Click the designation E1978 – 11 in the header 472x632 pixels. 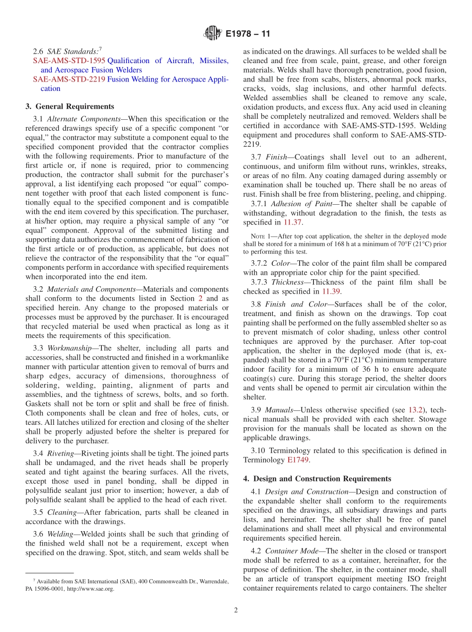pyautogui.click(x=247, y=34)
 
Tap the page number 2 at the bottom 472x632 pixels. pyautogui.click(x=236, y=610)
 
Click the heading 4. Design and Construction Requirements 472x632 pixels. pyautogui.click(x=317, y=478)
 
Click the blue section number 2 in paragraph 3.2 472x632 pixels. pyautogui.click(x=201, y=299)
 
